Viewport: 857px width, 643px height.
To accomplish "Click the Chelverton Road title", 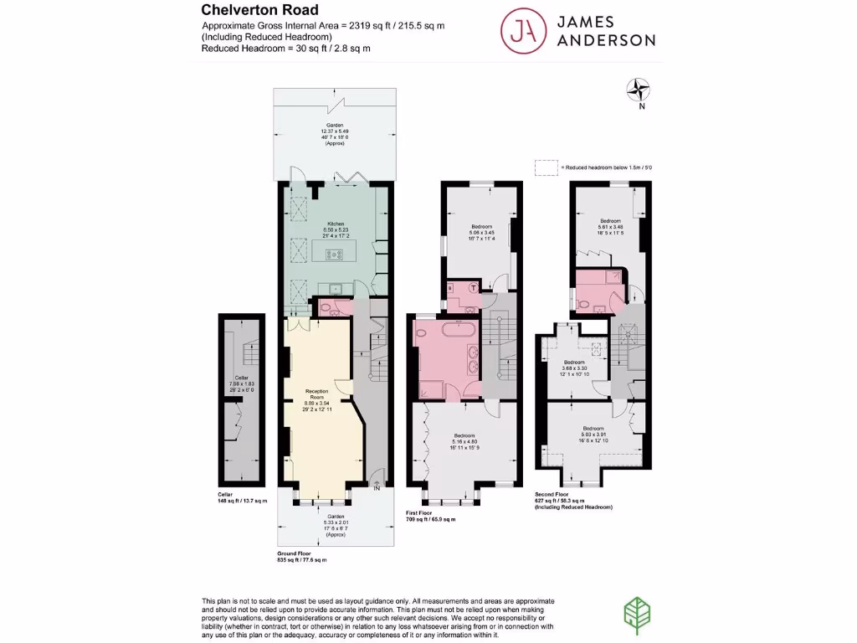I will click(260, 11).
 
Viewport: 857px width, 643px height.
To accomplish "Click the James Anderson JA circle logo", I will click(520, 30).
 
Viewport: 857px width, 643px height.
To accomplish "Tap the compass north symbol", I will click(641, 88).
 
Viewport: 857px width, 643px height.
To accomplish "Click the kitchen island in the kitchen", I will click(335, 249).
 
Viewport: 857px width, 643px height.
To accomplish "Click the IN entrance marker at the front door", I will click(377, 488).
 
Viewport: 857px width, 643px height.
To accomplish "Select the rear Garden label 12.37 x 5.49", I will click(335, 136).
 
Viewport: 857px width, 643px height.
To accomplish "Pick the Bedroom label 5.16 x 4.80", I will click(465, 441).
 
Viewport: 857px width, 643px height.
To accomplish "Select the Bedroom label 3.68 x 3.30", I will click(574, 368).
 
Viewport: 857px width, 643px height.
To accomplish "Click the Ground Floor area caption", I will click(301, 558).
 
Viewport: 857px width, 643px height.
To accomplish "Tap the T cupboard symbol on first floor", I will click(475, 287).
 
